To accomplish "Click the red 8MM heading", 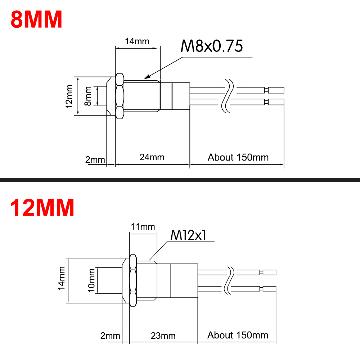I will point(36,20).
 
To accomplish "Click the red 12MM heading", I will point(42,208).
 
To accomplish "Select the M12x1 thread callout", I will point(188,235).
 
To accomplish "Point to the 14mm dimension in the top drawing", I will point(137,41).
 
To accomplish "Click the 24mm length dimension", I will point(152,157).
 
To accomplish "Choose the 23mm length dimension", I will point(163,336).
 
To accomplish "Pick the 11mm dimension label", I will point(143,226).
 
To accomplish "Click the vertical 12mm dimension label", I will point(70,96).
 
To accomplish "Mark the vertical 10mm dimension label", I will point(91,280).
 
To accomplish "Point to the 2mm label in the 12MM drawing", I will point(110,336).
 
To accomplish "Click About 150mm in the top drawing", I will point(238,157).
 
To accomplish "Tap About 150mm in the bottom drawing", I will point(238,335).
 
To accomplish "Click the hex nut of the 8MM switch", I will point(120,96).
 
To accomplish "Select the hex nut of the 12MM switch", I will point(132,280).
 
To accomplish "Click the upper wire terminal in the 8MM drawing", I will point(276,90).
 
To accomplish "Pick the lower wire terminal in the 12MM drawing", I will point(269,288).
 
